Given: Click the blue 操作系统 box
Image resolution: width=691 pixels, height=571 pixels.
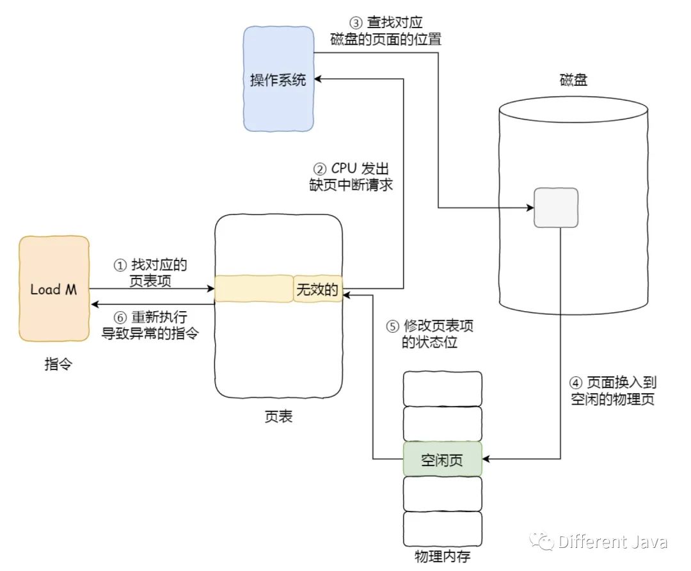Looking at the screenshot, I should [x=278, y=79].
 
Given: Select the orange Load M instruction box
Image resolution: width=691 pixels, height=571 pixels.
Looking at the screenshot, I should [x=54, y=289].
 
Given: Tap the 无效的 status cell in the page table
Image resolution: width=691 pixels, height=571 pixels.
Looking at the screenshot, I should [x=317, y=289].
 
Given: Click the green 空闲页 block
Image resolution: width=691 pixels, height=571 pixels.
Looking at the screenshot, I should [x=442, y=459].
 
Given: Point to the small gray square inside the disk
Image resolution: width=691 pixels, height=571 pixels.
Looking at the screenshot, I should [x=556, y=207].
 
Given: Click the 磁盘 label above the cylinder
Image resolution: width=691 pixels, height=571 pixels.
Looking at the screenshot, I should [x=573, y=80].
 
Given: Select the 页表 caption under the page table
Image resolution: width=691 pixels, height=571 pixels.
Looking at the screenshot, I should [x=278, y=417].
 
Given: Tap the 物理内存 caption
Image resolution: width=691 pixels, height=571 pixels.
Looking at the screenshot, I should [x=442, y=555].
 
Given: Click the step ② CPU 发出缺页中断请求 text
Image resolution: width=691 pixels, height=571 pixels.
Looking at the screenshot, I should [x=351, y=177].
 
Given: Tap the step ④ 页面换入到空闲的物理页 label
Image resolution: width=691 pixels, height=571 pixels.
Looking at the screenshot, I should [x=613, y=390].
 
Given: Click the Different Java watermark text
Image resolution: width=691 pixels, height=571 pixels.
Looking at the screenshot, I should [x=612, y=542].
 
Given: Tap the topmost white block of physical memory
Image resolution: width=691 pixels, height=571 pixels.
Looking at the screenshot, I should [x=442, y=389].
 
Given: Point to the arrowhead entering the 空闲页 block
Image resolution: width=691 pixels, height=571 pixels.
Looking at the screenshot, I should [x=486, y=459].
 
